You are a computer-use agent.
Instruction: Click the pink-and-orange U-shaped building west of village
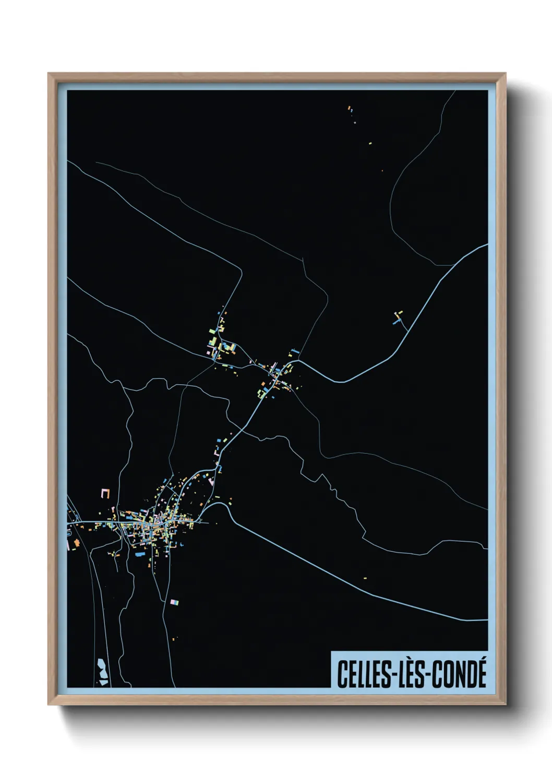tap(106, 493)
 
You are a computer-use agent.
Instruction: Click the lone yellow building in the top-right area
tap(370, 142)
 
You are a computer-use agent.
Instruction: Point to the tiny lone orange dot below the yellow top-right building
tap(382, 171)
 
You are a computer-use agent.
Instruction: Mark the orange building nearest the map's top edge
tap(349, 108)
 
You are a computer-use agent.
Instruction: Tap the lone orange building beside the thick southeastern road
tap(365, 578)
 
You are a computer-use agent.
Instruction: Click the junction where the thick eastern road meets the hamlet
tap(298, 360)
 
